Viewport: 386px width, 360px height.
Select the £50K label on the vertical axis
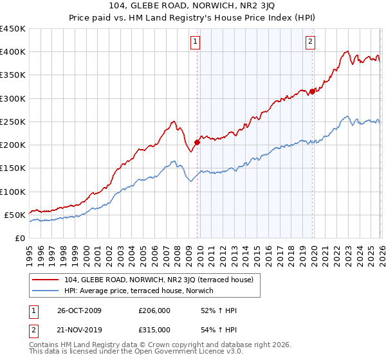tap(15, 215)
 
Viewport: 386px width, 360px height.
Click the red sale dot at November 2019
tap(312, 91)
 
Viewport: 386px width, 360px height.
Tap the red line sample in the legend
tap(46, 280)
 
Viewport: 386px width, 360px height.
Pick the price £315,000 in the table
tap(154, 330)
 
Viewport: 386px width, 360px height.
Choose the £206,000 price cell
tap(154, 310)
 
